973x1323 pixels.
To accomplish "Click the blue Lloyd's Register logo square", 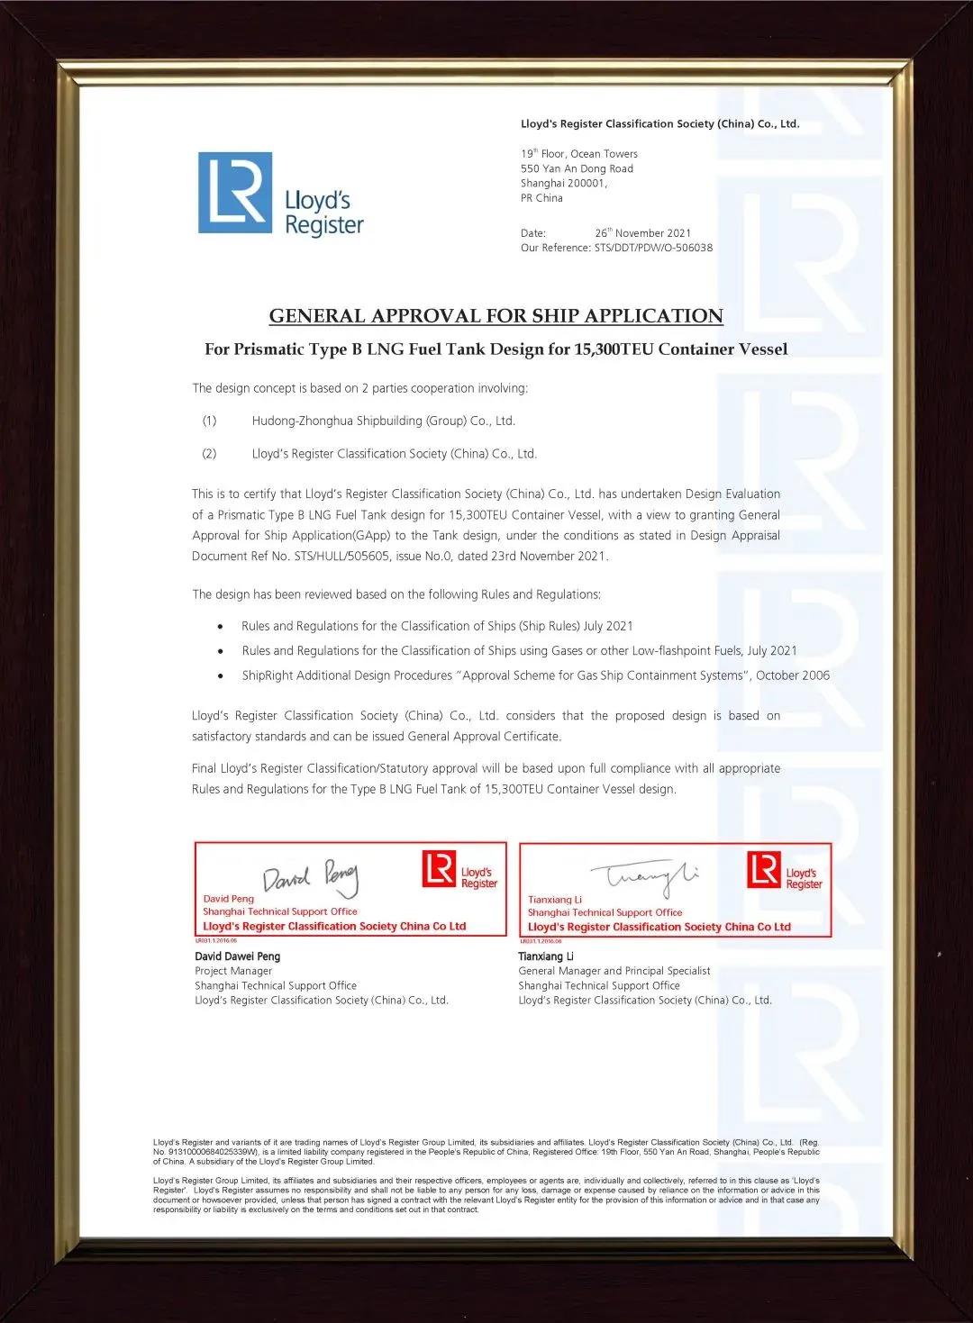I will pos(234,193).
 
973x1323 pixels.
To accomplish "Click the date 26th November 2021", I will pos(642,233).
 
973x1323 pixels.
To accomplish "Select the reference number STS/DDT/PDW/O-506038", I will pos(653,248).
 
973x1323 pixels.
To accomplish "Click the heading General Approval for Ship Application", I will pos(496,316).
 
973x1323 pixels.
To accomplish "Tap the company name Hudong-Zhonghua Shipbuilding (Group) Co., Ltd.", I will pos(383,421).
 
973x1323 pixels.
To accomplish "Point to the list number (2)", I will pos(209,454).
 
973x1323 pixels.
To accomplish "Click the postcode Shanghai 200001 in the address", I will pos(564,183).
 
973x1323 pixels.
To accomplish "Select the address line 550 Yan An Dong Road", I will pos(577,168).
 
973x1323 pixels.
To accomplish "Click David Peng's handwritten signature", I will pos(311,876).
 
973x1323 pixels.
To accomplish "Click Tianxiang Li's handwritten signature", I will pos(643,874).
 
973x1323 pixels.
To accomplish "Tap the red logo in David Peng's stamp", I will pos(439,868).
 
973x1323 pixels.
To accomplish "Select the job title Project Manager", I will pos(233,971).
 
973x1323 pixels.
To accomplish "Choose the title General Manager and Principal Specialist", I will pos(614,971).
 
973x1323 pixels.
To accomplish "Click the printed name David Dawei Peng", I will pos(237,956).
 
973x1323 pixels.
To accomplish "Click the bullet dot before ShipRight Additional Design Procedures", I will pos(221,675).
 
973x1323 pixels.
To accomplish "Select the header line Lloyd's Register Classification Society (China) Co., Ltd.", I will pos(659,124).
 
